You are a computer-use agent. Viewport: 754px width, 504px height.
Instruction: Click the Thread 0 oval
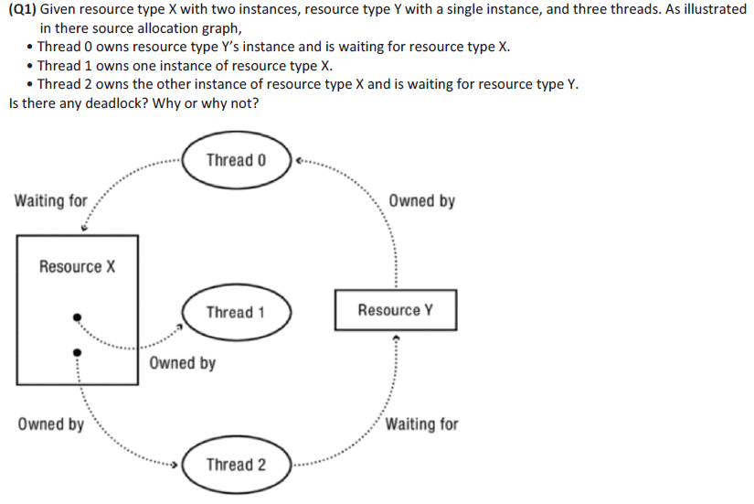point(236,160)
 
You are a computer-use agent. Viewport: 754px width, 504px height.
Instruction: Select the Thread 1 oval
point(236,312)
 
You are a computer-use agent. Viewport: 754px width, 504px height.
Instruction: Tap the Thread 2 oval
point(236,465)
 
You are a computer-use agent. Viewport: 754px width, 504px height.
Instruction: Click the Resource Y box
point(395,310)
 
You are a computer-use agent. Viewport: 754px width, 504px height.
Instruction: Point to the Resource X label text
point(77,267)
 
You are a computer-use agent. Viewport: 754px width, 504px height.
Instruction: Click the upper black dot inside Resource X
point(78,318)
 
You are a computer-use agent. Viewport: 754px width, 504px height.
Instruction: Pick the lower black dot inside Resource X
point(78,350)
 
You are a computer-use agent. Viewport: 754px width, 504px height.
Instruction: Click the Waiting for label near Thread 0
point(50,200)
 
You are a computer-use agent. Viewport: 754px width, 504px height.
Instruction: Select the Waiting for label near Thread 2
point(421,424)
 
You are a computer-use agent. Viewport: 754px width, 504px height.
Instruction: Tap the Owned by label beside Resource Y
point(421,200)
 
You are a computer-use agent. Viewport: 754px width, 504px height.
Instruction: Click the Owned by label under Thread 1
point(182,363)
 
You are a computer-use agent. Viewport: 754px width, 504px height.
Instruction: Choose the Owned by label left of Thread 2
point(50,424)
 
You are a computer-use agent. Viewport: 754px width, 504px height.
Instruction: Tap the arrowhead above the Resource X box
point(84,228)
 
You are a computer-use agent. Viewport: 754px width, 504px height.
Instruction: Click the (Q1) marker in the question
point(24,9)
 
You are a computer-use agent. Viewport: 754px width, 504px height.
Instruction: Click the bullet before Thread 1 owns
point(32,66)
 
